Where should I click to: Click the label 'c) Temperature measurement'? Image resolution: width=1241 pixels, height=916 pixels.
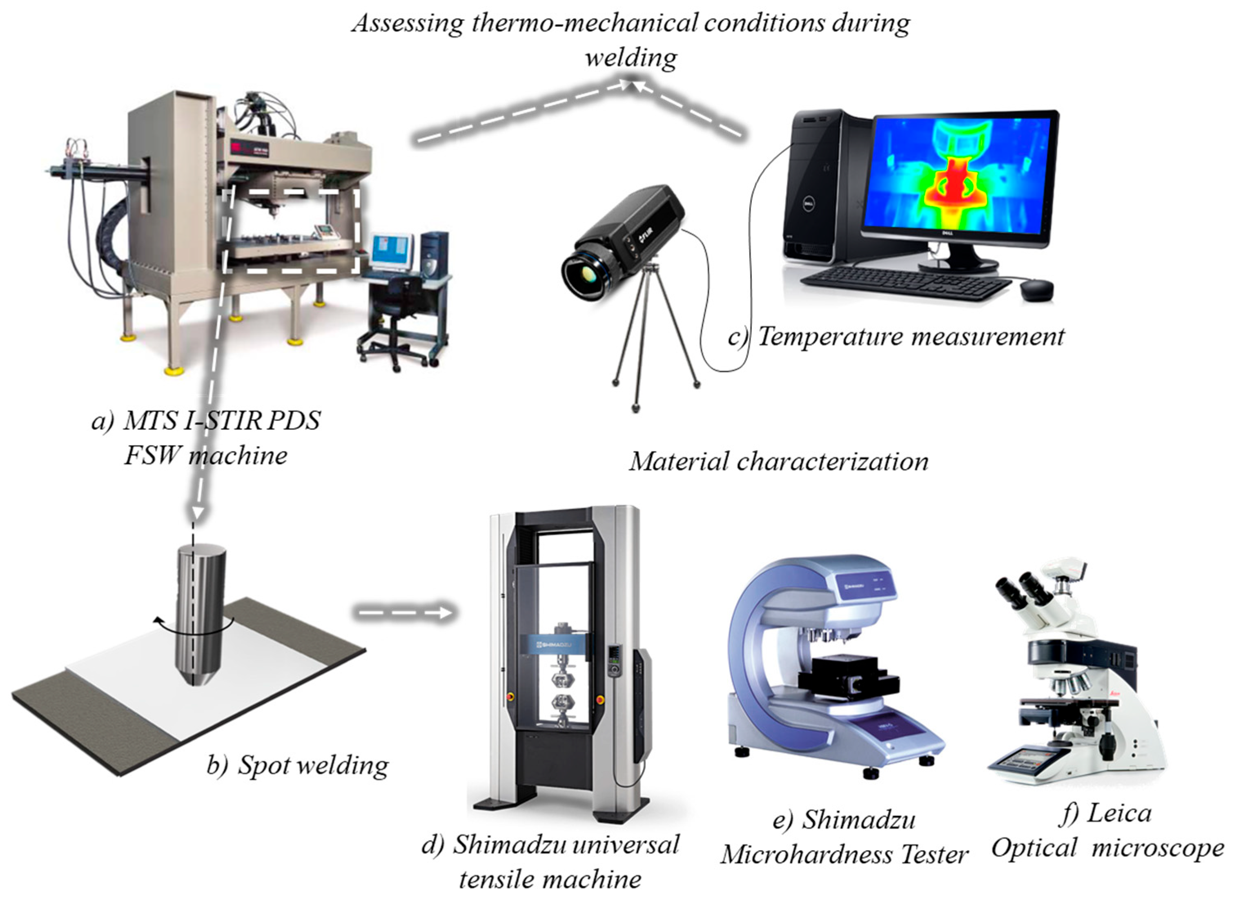pyautogui.click(x=896, y=336)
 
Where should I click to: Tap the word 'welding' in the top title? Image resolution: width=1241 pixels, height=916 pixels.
pyautogui.click(x=631, y=57)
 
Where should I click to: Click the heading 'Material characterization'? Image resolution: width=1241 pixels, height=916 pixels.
pyautogui.click(x=778, y=461)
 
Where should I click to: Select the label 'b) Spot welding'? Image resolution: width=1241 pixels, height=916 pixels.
pyautogui.click(x=298, y=765)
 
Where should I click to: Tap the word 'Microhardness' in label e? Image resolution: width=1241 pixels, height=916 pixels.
pyautogui.click(x=807, y=854)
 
